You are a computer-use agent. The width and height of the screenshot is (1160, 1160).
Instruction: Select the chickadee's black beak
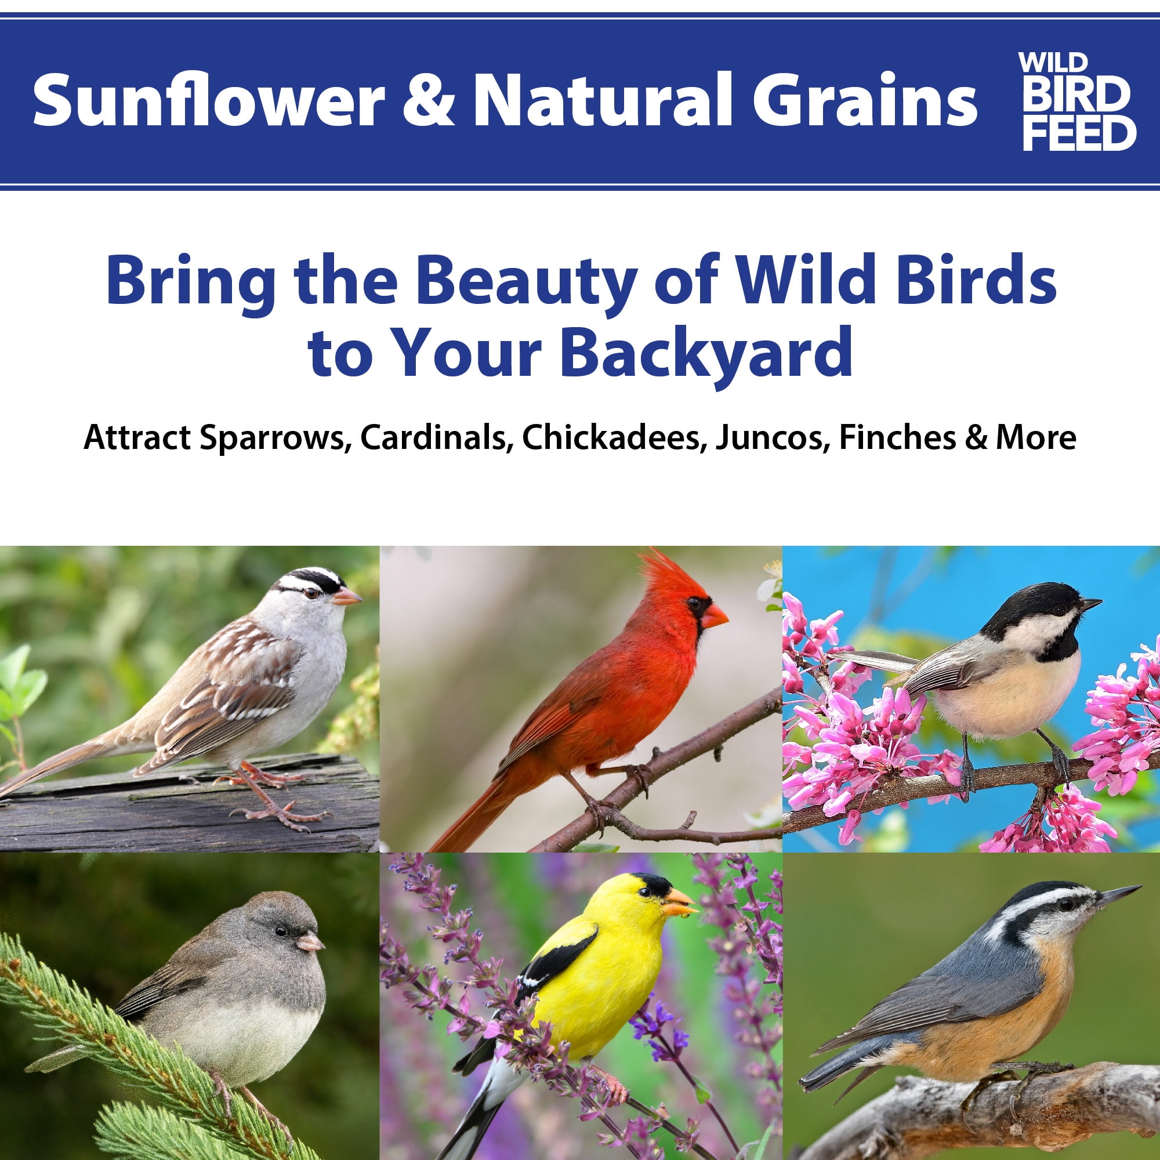1090,604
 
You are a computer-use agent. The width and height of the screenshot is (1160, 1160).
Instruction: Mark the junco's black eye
281,931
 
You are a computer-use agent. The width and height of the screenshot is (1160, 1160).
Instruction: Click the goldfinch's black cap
652,885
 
